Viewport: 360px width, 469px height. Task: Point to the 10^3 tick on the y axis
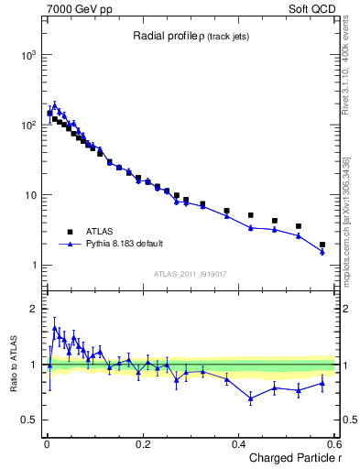coord(26,54)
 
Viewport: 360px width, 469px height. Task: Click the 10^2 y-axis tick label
coord(26,125)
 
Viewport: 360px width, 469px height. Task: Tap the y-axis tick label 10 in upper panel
coord(28,195)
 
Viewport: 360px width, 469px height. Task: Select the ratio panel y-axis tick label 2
coord(32,309)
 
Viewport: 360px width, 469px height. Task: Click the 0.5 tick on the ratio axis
coord(28,420)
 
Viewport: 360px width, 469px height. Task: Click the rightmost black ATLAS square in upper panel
coord(322,245)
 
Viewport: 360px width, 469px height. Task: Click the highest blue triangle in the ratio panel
coord(55,328)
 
